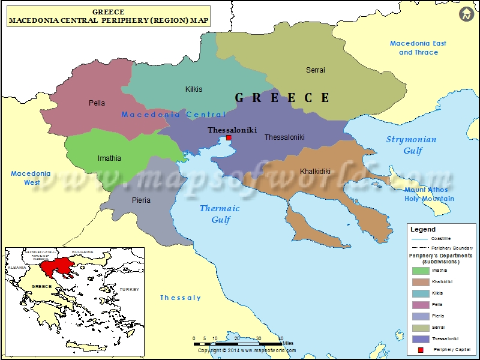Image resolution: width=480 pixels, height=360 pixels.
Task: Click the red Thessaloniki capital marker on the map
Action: [228, 138]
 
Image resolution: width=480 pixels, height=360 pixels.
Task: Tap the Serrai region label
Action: [316, 70]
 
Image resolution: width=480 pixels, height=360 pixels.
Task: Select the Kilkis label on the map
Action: [194, 89]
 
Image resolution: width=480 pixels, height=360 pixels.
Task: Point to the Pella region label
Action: [97, 103]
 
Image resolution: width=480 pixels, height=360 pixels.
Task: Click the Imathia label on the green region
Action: [109, 158]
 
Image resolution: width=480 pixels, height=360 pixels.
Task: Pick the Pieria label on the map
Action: [142, 200]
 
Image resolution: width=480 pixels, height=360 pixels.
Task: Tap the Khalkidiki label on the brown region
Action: [315, 172]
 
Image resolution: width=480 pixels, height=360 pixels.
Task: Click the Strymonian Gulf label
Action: [411, 145]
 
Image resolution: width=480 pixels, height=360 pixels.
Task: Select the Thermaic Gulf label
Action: [220, 214]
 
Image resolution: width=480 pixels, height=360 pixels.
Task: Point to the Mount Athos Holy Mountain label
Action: [429, 194]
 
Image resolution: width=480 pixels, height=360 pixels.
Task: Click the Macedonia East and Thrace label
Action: [418, 47]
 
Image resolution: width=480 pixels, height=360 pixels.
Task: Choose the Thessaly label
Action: [181, 298]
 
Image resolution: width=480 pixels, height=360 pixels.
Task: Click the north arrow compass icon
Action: [466, 14]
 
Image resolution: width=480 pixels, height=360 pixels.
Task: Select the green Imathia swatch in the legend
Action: [420, 271]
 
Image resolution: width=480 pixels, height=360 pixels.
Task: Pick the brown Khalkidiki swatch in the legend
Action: [420, 282]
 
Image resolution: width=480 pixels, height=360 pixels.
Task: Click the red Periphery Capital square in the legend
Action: [421, 350]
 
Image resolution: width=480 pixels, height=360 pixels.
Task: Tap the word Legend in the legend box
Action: [423, 229]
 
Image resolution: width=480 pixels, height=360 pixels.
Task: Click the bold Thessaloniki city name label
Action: [232, 130]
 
